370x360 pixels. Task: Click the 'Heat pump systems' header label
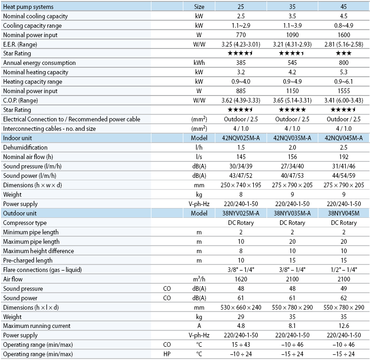point(28,7)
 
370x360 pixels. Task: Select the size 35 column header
point(292,7)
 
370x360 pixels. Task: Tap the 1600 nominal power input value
point(344,35)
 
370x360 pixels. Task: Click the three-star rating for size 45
point(344,53)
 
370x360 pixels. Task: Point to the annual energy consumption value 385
point(241,63)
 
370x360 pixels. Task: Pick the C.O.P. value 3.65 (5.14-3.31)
point(292,100)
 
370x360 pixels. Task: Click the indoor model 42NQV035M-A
point(292,138)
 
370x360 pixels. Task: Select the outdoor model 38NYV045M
point(344,213)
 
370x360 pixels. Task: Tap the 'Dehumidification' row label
point(25,147)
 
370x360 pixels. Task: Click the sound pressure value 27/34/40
point(292,166)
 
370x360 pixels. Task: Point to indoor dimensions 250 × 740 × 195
point(241,185)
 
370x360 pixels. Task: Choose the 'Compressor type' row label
point(25,223)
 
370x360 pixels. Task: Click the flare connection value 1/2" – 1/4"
point(344,270)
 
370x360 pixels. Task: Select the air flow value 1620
point(241,279)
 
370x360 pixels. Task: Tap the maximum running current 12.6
point(344,326)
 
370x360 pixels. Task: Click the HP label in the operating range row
point(167,354)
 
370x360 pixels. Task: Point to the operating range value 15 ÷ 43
point(241,344)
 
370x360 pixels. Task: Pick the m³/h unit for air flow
point(199,279)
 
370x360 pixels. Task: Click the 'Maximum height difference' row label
point(39,251)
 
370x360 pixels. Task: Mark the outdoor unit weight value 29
point(241,317)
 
